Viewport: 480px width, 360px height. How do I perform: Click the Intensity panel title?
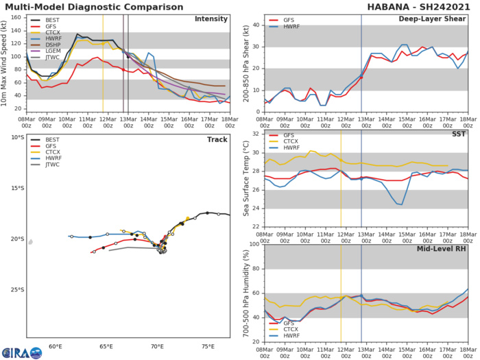(213, 19)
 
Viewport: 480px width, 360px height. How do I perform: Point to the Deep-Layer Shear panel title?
(433, 19)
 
